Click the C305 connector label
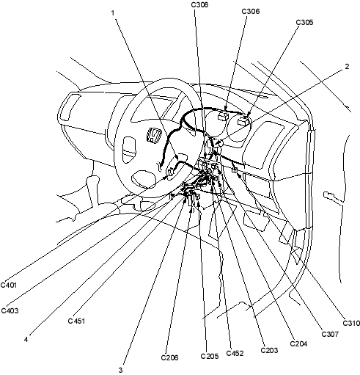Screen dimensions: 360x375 pos(304,22)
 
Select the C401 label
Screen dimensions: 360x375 pos(9,285)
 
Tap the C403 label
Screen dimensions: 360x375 pos(10,310)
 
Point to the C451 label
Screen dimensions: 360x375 pos(76,321)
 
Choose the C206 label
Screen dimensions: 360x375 pos(169,357)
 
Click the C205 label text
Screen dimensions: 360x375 pos(210,356)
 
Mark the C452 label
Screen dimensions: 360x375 pos(235,353)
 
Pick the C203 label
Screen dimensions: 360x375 pos(269,350)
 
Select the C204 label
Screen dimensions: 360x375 pos(298,343)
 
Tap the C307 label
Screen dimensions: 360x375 pos(330,334)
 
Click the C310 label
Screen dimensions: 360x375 pos(351,323)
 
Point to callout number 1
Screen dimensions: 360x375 pos(113,12)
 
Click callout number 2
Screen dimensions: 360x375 pos(347,66)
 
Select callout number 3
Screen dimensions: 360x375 pos(120,371)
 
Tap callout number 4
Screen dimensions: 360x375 pos(26,340)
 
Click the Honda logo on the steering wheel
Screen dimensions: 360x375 pos(154,136)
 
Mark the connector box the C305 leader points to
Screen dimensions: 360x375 pos(243,121)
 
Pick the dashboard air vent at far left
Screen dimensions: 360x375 pos(70,107)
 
